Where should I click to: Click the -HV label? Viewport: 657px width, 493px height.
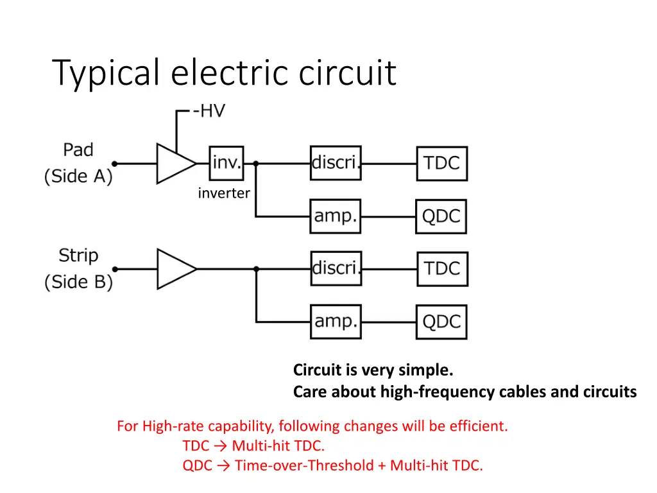pyautogui.click(x=209, y=111)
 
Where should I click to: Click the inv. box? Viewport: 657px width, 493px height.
pyautogui.click(x=226, y=163)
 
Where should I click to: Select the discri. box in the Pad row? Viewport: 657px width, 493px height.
pyautogui.click(x=335, y=163)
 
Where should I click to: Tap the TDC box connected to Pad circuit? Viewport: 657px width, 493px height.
pyautogui.click(x=442, y=164)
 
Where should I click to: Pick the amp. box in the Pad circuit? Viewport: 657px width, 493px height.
pyautogui.click(x=335, y=217)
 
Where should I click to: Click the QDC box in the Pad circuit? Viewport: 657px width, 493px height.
pyautogui.click(x=441, y=217)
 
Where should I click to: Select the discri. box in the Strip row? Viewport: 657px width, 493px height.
pyautogui.click(x=335, y=268)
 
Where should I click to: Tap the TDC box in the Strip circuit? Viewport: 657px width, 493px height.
pyautogui.click(x=442, y=269)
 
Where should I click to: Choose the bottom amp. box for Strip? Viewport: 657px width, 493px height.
pyautogui.click(x=335, y=322)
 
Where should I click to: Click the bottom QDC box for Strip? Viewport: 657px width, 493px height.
pyautogui.click(x=441, y=322)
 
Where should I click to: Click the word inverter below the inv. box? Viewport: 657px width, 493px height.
pyautogui.click(x=224, y=193)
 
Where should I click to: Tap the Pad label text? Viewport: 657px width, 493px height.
pyautogui.click(x=78, y=150)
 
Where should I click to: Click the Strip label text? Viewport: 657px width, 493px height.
pyautogui.click(x=78, y=255)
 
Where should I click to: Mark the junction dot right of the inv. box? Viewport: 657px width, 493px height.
pyautogui.click(x=256, y=164)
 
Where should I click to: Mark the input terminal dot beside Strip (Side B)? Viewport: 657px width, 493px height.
pyautogui.click(x=115, y=269)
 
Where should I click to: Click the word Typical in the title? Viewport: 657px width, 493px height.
pyautogui.click(x=106, y=73)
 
